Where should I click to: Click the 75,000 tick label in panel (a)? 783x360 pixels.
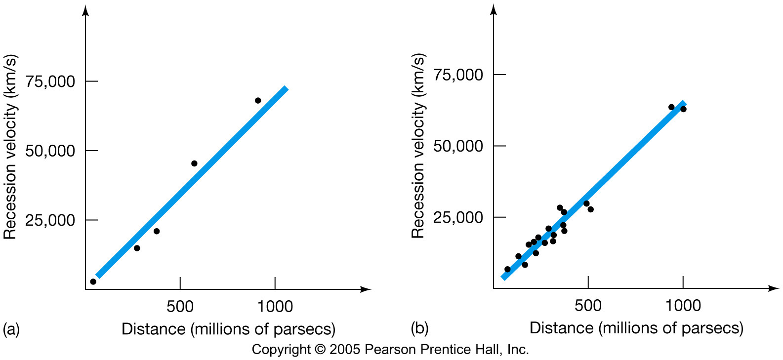pyautogui.click(x=50, y=81)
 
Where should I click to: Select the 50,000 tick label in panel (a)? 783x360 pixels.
pyautogui.click(x=50, y=151)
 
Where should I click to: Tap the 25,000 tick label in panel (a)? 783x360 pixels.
pyautogui.click(x=50, y=220)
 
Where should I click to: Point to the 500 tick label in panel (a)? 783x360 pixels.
pyautogui.click(x=180, y=307)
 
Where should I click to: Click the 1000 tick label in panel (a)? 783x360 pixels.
pyautogui.click(x=275, y=307)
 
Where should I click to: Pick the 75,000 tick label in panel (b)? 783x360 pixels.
pyautogui.click(x=458, y=75)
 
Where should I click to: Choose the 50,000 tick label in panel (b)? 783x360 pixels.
pyautogui.click(x=458, y=146)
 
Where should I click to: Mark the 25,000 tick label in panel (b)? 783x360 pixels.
pyautogui.click(x=458, y=217)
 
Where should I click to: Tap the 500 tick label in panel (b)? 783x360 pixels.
pyautogui.click(x=588, y=306)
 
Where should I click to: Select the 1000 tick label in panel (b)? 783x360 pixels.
pyautogui.click(x=683, y=306)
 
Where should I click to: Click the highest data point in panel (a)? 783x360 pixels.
pyautogui.click(x=258, y=101)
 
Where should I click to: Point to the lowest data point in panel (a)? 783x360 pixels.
pyautogui.click(x=93, y=281)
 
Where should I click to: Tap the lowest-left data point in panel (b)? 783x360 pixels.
pyautogui.click(x=507, y=269)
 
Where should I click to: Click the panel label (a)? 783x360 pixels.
pyautogui.click(x=11, y=329)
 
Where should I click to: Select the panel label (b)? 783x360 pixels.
pyautogui.click(x=419, y=328)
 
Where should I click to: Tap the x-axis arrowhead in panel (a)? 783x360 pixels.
pyautogui.click(x=366, y=289)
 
